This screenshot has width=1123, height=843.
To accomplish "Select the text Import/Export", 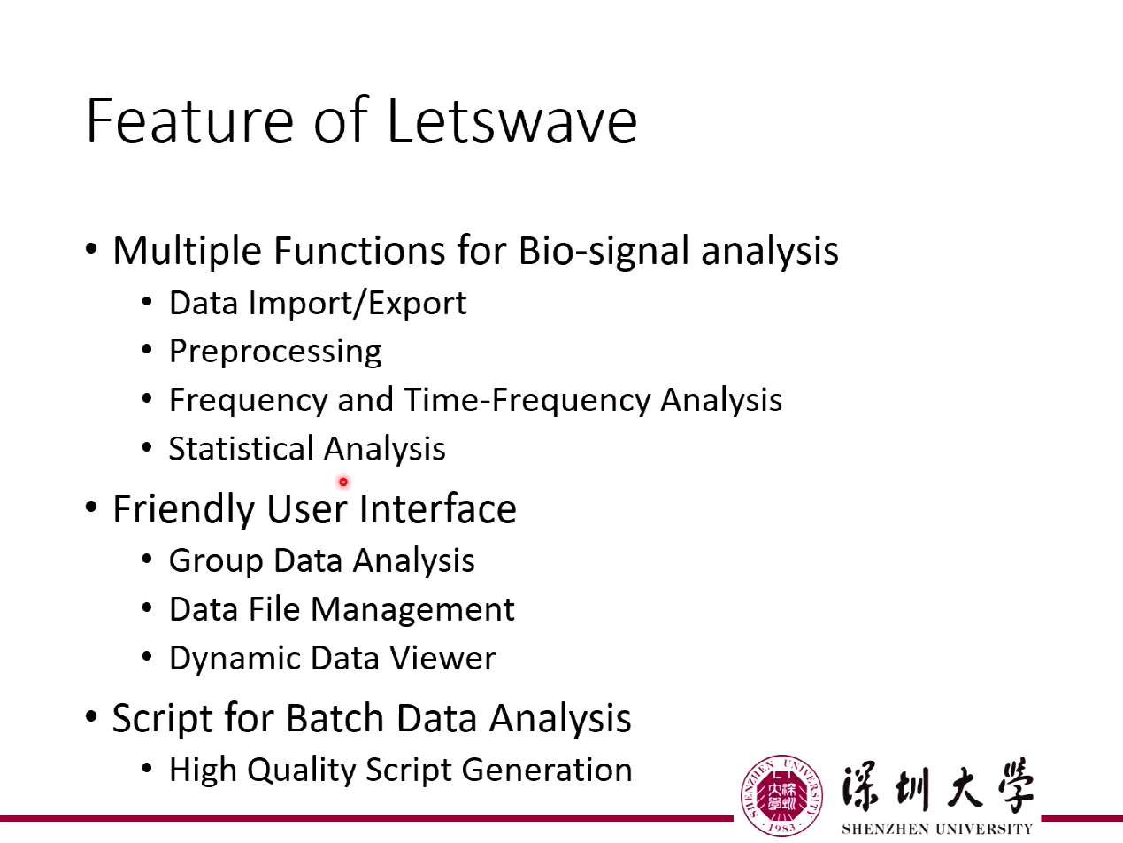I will pos(357,304).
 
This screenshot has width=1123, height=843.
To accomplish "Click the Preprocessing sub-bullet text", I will pos(275,352).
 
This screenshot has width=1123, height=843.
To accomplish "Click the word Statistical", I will pos(241,449).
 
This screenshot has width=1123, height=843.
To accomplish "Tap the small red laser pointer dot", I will pos(343,483).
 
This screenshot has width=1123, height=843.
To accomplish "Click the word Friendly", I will pos(184,509).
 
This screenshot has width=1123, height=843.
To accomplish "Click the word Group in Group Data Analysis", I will pos(216,561).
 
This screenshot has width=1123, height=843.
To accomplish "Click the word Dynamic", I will pos(235,658).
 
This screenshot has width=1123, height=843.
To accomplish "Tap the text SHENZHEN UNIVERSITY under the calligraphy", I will pos(937,830).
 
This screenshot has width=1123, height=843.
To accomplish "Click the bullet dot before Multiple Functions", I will pos(92,251).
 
